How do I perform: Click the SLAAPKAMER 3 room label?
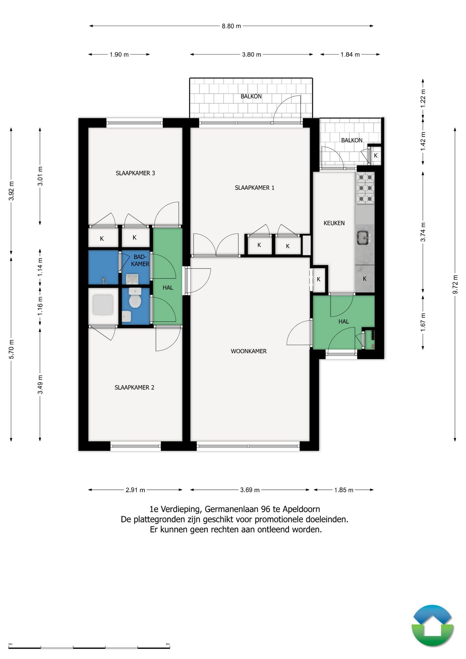pyautogui.click(x=135, y=173)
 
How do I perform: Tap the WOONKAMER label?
pyautogui.click(x=248, y=351)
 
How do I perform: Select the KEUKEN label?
pyautogui.click(x=334, y=223)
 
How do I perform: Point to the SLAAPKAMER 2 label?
pyautogui.click(x=134, y=388)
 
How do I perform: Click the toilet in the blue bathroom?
pyautogui.click(x=135, y=298)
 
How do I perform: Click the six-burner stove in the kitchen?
pyautogui.click(x=365, y=188)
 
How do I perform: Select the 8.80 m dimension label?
pyautogui.click(x=231, y=26)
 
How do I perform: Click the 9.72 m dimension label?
pyautogui.click(x=455, y=284)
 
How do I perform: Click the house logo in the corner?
pyautogui.click(x=433, y=626)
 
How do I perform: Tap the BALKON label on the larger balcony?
pyautogui.click(x=251, y=96)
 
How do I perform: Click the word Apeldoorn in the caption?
pyautogui.click(x=301, y=509)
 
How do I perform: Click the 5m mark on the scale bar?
pyautogui.click(x=168, y=644)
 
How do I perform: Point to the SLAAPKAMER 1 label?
pyautogui.click(x=254, y=188)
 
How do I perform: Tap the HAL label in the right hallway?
pyautogui.click(x=343, y=322)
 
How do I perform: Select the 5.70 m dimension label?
pyautogui.click(x=11, y=349)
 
